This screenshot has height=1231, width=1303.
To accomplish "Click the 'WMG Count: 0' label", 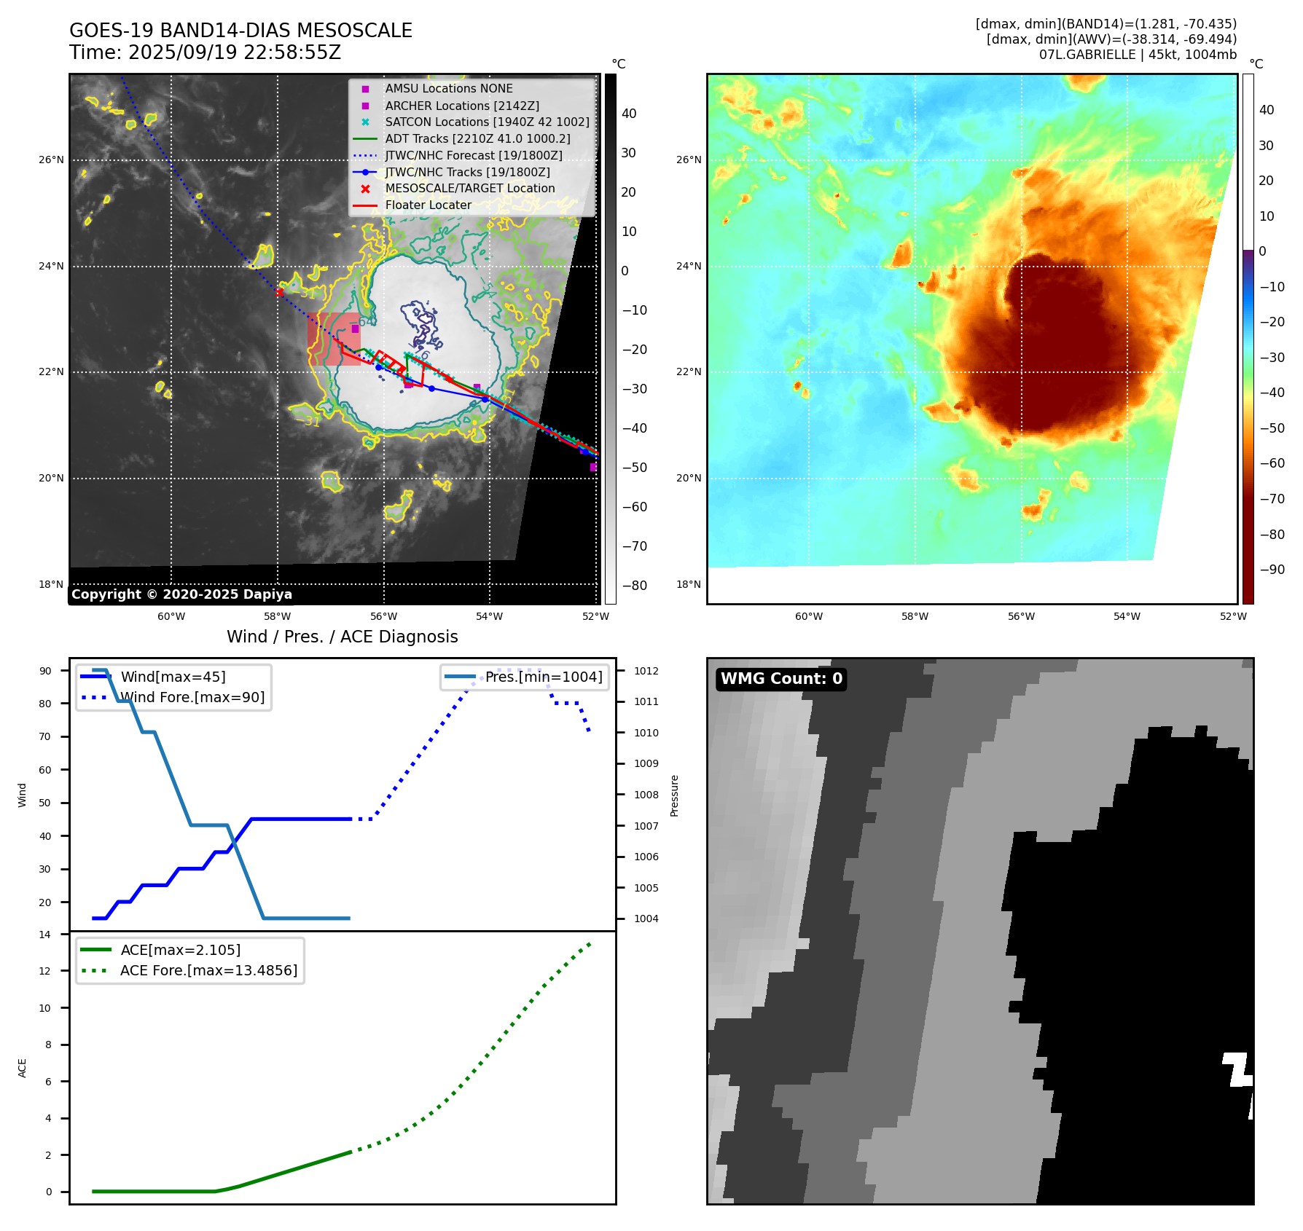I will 781,679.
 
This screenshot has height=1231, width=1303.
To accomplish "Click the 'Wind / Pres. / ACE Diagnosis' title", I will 342,637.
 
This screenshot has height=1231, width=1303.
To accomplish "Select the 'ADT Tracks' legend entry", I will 477,138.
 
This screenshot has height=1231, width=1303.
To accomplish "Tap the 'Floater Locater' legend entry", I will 428,205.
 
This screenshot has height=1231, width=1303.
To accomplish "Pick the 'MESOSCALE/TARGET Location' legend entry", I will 469,188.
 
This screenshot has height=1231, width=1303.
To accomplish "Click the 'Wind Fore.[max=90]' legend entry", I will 192,697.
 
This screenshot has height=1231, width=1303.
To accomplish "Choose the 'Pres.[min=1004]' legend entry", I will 544,677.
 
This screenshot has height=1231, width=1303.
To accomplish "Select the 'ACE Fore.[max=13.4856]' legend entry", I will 208,970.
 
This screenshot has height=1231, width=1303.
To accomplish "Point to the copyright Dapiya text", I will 181,594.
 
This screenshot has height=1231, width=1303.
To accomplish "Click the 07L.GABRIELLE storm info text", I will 1138,55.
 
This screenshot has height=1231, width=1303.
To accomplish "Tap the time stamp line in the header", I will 205,52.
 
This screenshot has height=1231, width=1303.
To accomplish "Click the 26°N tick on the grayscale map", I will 51,160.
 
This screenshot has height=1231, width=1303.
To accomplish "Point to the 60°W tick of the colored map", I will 808,616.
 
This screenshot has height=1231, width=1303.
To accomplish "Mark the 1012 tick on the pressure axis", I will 646,671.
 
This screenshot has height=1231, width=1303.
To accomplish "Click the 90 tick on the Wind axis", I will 45,671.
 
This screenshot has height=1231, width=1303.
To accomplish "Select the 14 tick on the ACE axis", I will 45,935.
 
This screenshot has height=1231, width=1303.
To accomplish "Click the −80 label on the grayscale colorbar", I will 634,586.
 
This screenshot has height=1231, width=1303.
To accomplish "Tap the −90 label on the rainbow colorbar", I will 1272,570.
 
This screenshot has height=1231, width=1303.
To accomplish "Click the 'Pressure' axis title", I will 674,795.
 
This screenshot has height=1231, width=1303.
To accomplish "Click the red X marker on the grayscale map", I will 279,292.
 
